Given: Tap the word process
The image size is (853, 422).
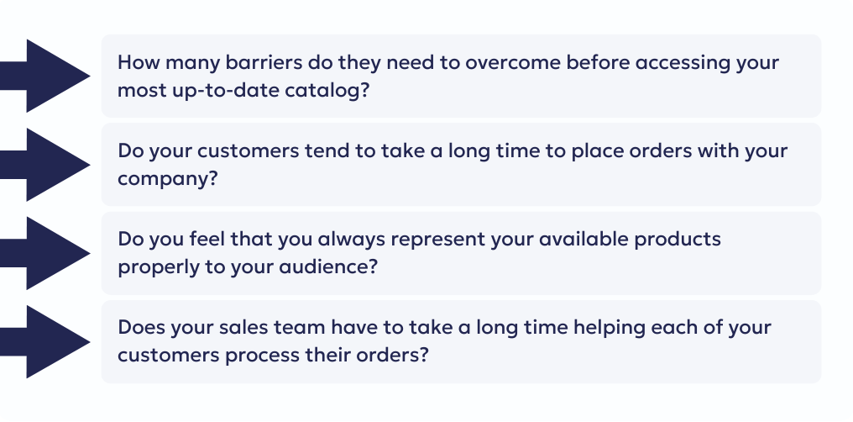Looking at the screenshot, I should [x=261, y=355].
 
